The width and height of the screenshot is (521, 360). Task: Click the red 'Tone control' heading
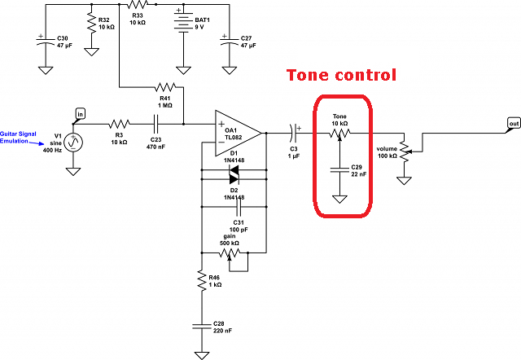coord(340,76)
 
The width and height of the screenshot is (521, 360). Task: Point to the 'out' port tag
coord(513,123)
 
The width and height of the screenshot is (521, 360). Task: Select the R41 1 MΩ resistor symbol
coord(165,86)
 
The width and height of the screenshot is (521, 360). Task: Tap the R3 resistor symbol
coord(119,124)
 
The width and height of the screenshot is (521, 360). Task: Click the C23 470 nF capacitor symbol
coord(155,124)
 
